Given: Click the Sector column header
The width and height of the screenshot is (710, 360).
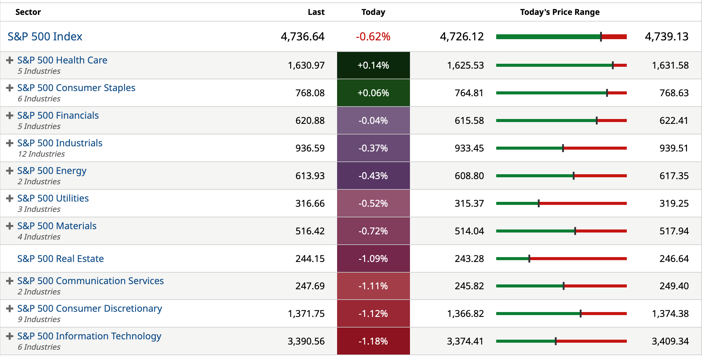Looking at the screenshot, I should (x=28, y=12).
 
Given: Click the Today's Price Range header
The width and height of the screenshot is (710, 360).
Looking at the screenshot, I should (x=560, y=12).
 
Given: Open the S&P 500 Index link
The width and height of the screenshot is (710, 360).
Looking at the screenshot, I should (x=45, y=37).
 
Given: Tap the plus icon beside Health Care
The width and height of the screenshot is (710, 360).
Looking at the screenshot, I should (x=10, y=60).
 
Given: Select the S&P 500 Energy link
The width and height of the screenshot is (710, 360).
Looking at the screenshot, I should (x=52, y=171).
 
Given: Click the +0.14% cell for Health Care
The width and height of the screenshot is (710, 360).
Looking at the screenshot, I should (x=373, y=65).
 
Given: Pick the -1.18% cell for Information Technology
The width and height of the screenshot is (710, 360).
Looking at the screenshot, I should (x=373, y=341).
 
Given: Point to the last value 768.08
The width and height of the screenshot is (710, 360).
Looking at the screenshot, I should (x=310, y=93).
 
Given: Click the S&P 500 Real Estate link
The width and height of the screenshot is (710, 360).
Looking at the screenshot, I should (x=60, y=259).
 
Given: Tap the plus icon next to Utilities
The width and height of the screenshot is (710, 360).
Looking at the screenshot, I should (x=10, y=198).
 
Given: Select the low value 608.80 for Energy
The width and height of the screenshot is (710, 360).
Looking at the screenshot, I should (x=469, y=176).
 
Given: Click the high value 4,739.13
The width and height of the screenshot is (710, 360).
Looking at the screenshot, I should (x=667, y=37).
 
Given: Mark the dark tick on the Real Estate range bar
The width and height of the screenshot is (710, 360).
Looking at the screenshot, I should (x=529, y=259).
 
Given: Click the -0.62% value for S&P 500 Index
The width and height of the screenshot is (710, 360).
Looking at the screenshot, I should (x=373, y=37).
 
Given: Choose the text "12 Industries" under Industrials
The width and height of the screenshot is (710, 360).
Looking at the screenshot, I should (x=41, y=154).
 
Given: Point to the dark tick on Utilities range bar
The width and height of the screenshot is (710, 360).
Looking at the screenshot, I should (x=539, y=203).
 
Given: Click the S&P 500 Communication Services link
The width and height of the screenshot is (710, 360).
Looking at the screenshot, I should (x=90, y=281).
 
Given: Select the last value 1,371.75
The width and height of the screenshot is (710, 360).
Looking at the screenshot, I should (x=306, y=314).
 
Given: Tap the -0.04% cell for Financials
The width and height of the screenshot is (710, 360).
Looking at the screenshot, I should (x=373, y=121).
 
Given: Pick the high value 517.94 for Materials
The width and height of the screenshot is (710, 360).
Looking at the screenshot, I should (x=674, y=231).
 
